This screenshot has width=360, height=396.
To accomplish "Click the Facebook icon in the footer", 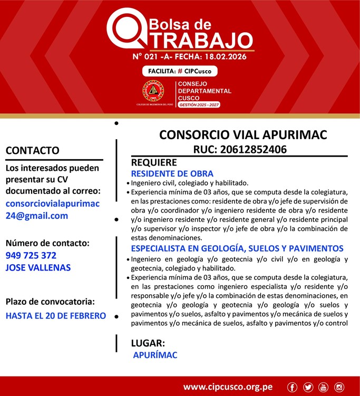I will click(x=293, y=388).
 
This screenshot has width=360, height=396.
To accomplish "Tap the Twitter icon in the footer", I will click(x=308, y=388).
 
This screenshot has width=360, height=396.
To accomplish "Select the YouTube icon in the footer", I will click(x=323, y=388).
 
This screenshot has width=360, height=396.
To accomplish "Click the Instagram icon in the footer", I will click(x=339, y=388).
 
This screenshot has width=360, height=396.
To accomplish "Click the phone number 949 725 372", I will click(x=31, y=255).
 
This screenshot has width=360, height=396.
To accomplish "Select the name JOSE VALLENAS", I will click(x=38, y=267).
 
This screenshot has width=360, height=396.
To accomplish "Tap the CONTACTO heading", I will click(x=32, y=151).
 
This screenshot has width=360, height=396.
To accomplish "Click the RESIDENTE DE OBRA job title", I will click(x=172, y=173).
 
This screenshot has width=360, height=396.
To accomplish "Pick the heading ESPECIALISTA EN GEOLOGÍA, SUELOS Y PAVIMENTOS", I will click(x=237, y=248).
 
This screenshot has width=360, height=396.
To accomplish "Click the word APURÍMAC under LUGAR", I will click(x=155, y=355).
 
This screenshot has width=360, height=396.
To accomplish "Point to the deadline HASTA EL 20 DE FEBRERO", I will click(x=55, y=316).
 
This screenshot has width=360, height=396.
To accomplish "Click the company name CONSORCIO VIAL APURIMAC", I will click(x=243, y=134).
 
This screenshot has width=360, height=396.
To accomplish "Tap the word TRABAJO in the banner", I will click(x=198, y=40).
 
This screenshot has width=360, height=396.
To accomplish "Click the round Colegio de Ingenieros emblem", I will click(x=153, y=91).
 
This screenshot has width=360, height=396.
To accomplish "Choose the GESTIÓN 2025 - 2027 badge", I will click(x=199, y=105).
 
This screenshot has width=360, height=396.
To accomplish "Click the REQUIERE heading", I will click(x=154, y=162).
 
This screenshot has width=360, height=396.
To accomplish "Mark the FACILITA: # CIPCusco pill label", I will click(x=180, y=71).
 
